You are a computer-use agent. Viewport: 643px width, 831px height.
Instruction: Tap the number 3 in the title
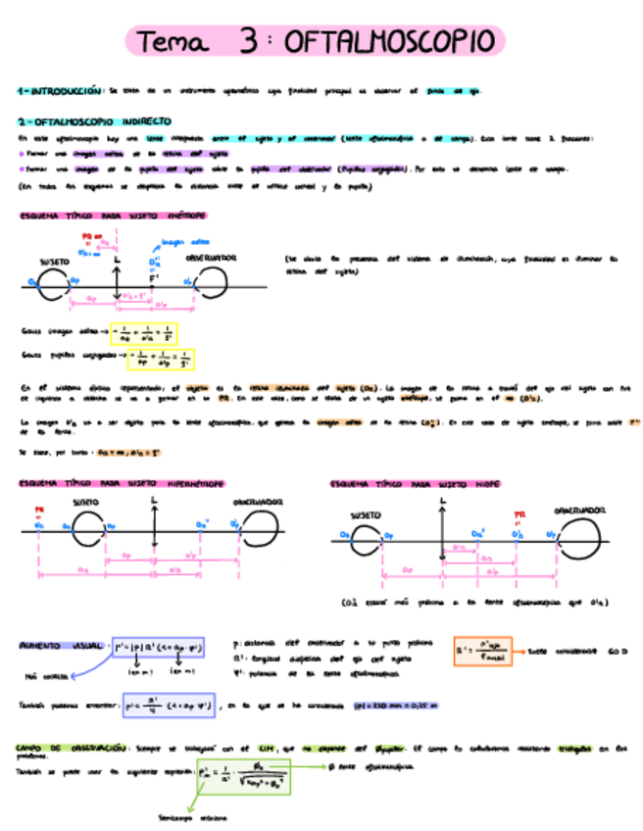[249, 41]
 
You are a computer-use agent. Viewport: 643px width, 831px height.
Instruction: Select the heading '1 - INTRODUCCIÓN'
[60, 90]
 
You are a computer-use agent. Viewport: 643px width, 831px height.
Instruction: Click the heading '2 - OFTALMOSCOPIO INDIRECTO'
[94, 122]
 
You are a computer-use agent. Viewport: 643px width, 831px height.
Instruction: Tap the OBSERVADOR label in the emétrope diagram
[211, 257]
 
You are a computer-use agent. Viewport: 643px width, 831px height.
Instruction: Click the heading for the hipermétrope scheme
[121, 483]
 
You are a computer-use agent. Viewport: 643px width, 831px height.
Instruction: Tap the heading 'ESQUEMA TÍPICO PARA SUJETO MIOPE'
[417, 484]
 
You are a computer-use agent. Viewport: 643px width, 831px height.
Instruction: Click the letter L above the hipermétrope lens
[155, 501]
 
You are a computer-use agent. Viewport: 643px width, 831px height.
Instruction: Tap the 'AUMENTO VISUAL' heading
[61, 647]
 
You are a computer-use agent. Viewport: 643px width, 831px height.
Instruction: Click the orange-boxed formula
[483, 652]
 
